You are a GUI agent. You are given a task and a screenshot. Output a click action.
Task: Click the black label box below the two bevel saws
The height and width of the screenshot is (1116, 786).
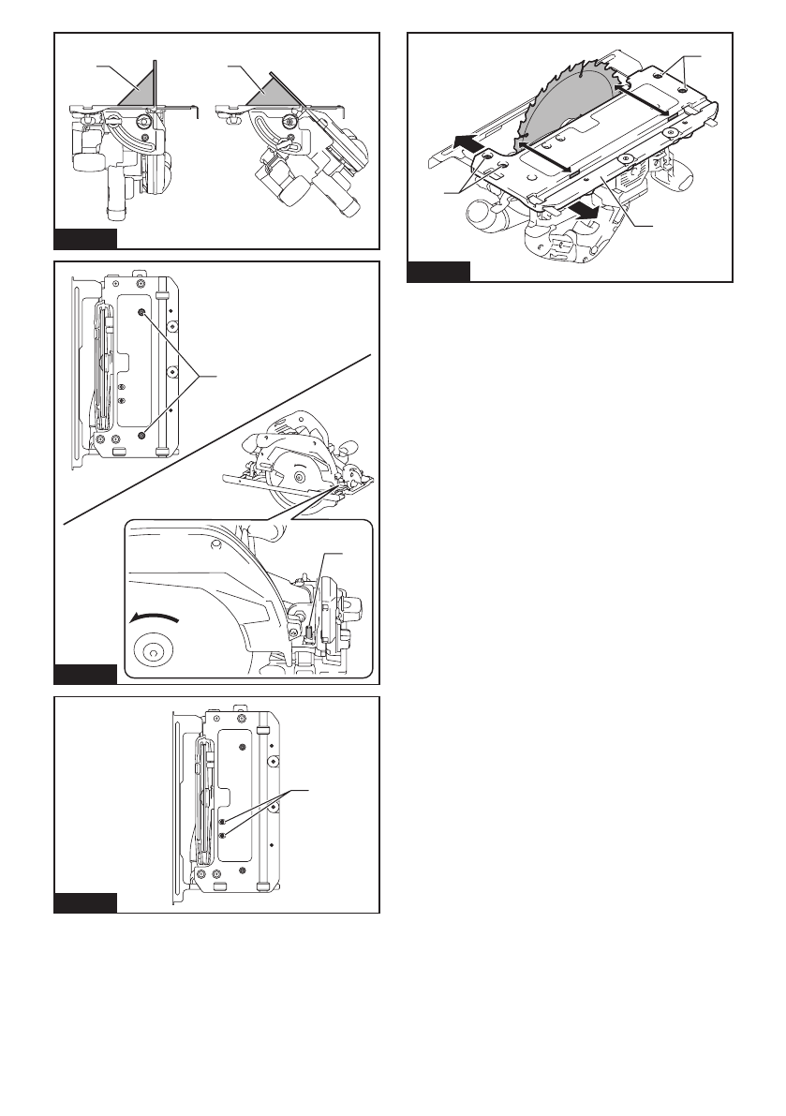click(x=85, y=238)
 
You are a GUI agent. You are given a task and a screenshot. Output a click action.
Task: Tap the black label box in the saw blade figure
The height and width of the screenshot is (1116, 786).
click(x=438, y=273)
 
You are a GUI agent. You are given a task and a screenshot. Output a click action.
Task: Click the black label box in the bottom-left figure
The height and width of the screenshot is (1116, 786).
click(x=85, y=903)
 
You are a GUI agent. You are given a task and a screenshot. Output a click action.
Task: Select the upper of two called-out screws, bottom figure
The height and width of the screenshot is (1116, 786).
click(x=220, y=822)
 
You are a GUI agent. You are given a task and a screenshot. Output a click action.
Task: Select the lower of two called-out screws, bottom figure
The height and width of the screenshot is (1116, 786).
click(x=220, y=834)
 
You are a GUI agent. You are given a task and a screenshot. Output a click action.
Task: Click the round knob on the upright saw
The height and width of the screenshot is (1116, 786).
click(x=146, y=121)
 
